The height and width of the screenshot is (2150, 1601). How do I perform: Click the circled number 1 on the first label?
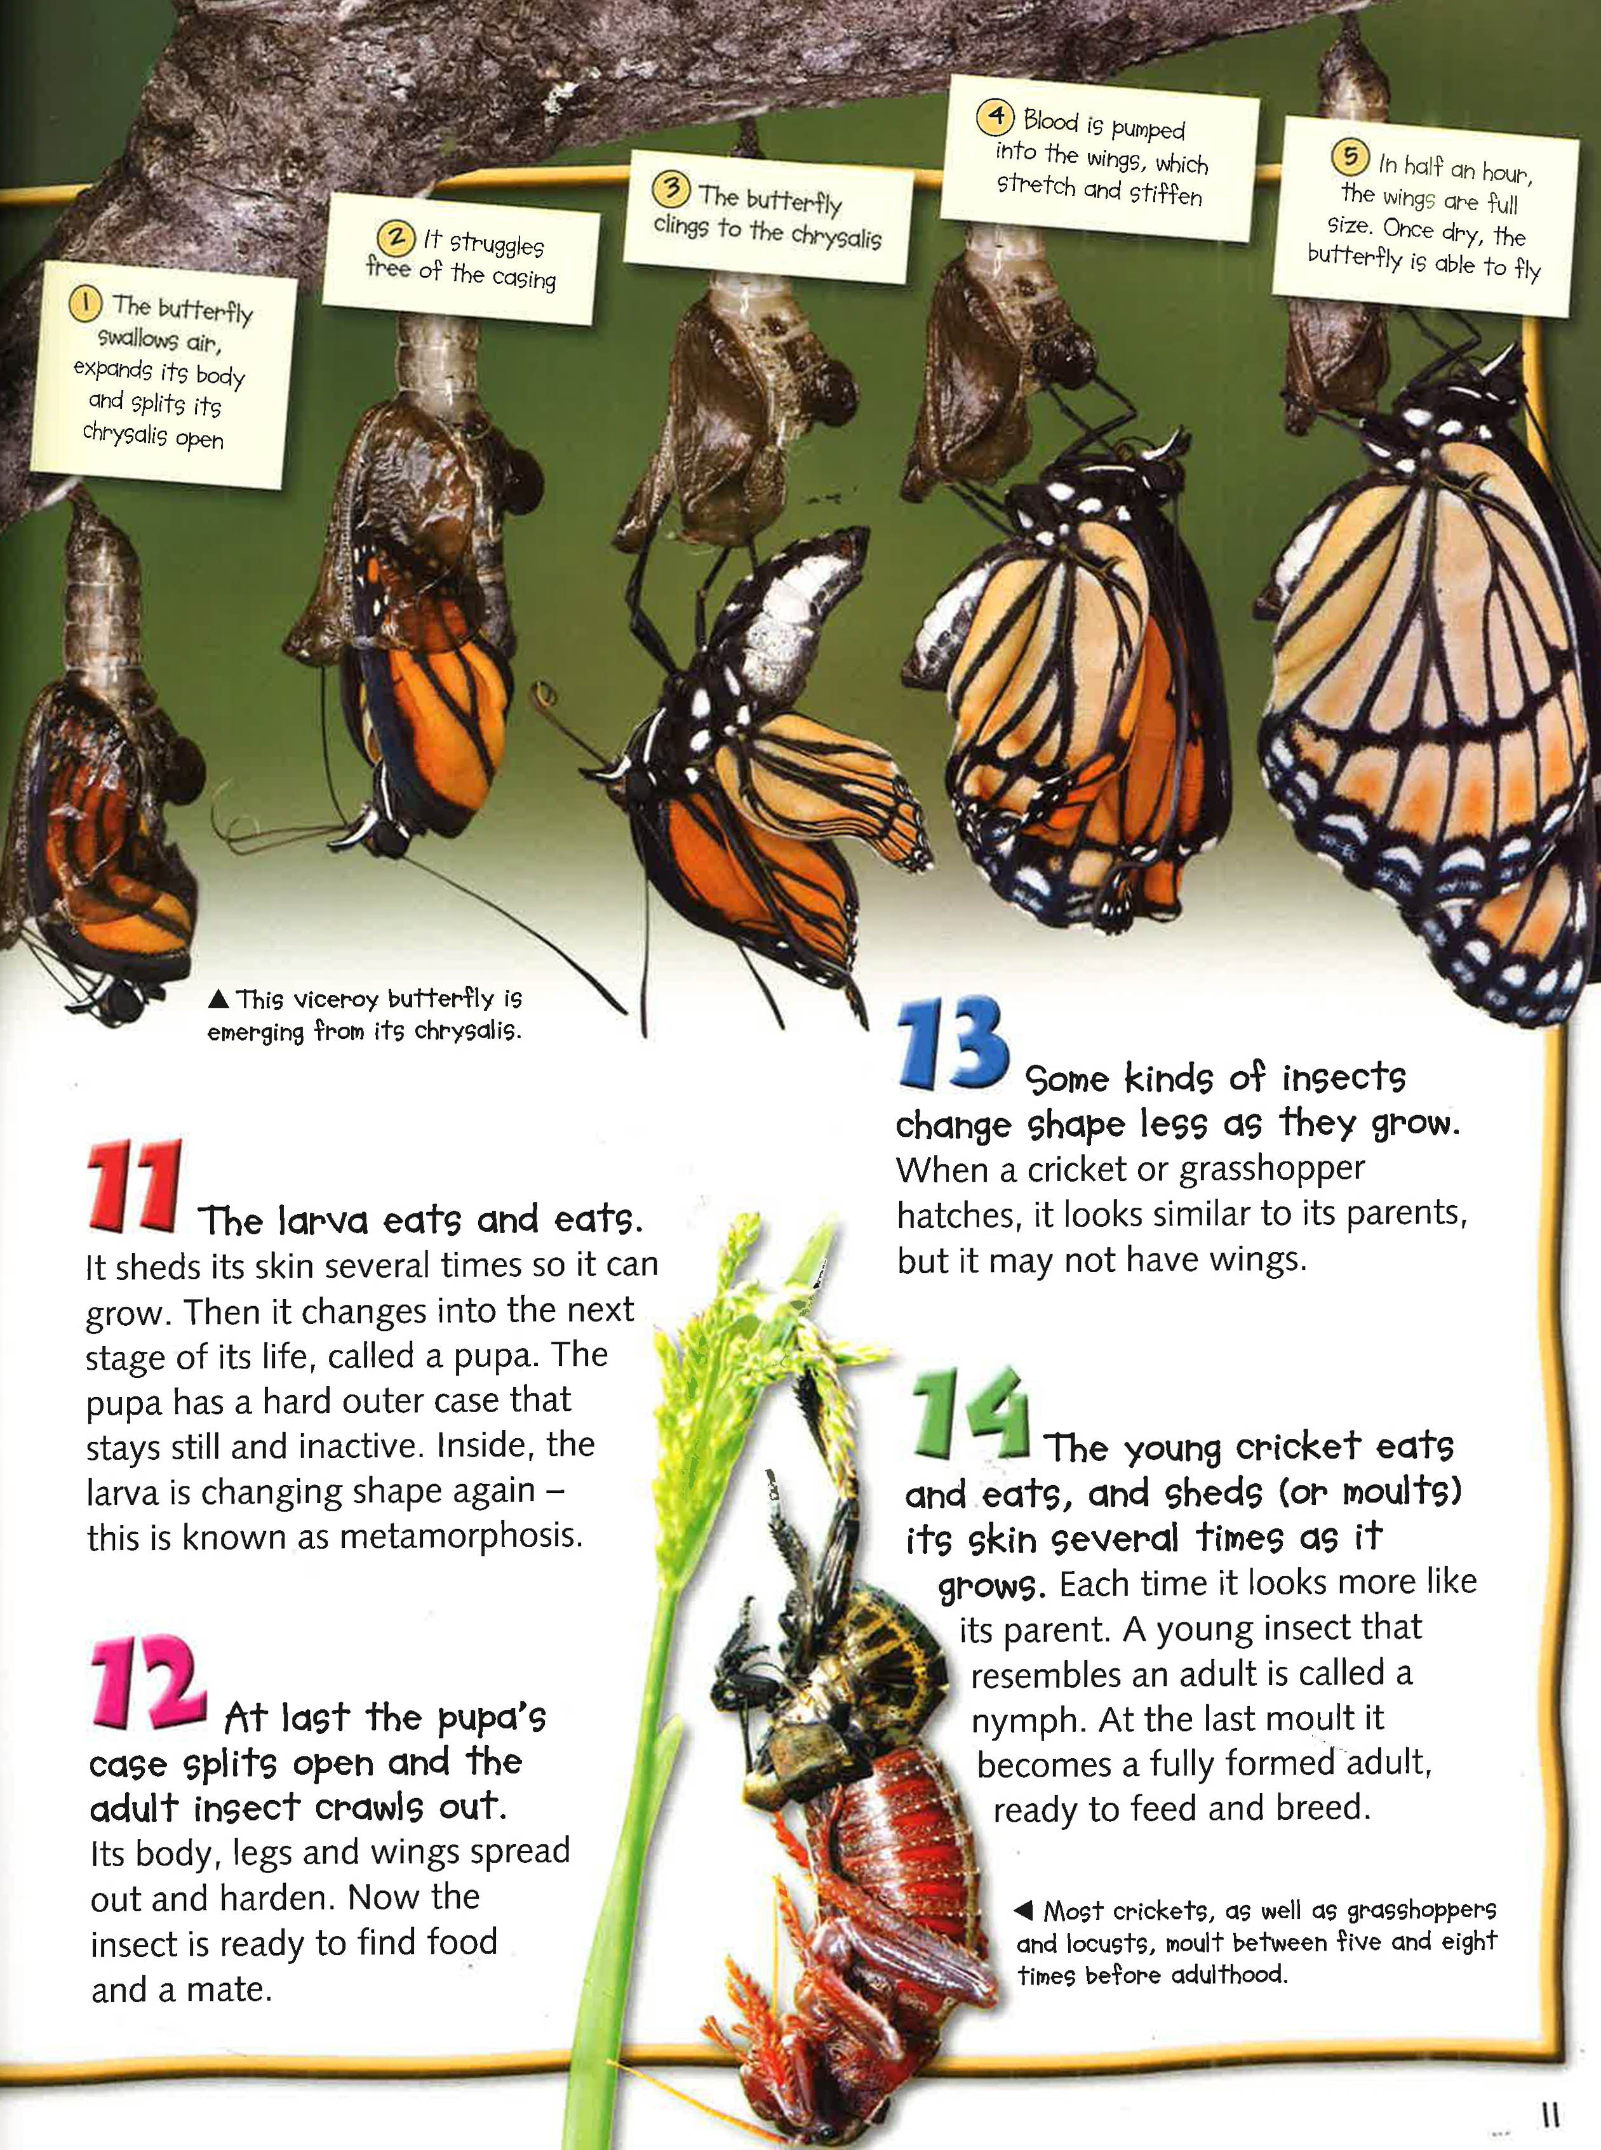[x=85, y=304]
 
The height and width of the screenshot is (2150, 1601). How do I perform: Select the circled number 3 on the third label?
[x=671, y=188]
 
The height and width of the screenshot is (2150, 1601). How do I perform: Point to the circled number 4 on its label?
[x=995, y=116]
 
